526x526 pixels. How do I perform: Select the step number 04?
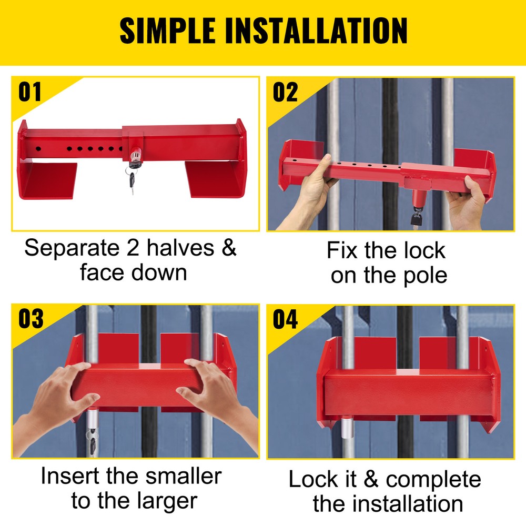point(285,319)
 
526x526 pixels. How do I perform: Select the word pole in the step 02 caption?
point(418,275)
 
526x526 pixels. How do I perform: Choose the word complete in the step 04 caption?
point(433,479)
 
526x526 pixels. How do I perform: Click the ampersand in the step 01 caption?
point(228,248)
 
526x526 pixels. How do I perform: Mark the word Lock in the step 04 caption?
point(313,479)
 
